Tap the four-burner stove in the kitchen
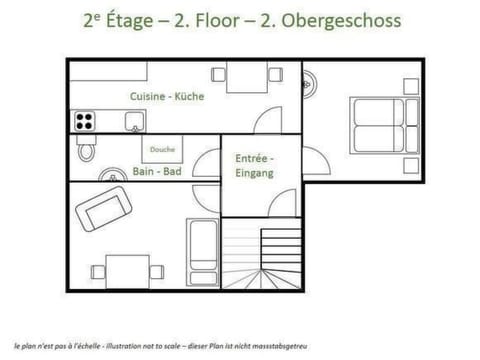pyautogui.click(x=85, y=122)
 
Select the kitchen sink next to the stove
pyautogui.click(x=132, y=122)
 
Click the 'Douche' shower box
pyautogui.click(x=162, y=150)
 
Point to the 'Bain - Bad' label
pyautogui.click(x=156, y=171)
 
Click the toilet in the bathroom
pyautogui.click(x=87, y=149)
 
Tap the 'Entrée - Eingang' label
pyautogui.click(x=253, y=165)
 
